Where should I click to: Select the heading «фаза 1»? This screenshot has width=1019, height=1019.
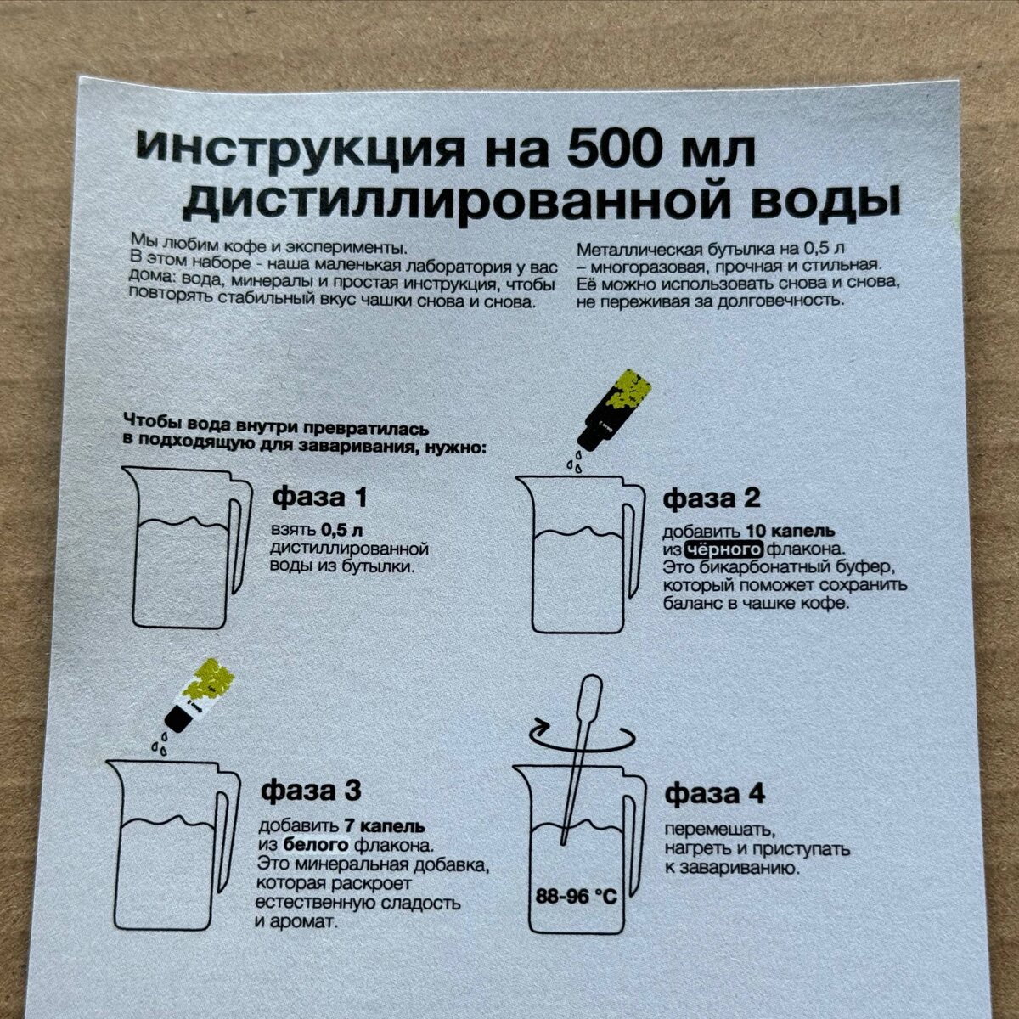coord(319,497)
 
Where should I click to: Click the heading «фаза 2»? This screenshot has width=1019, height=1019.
coord(712,498)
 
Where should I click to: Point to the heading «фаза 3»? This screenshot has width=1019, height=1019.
coord(311,791)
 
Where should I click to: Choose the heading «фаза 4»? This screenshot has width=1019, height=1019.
coord(714,793)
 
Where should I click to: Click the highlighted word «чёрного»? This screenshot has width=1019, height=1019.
coord(723,549)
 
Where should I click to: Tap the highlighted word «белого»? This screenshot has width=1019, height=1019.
coord(316,845)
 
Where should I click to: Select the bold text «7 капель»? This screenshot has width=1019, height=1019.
coord(385,825)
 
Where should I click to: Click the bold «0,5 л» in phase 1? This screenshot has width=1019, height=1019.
coord(342,530)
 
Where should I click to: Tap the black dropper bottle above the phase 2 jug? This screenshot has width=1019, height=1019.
coord(614,410)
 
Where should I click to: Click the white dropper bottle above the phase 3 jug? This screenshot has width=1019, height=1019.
coord(200,695)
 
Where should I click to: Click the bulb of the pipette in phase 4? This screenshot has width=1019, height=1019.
coord(591,693)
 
